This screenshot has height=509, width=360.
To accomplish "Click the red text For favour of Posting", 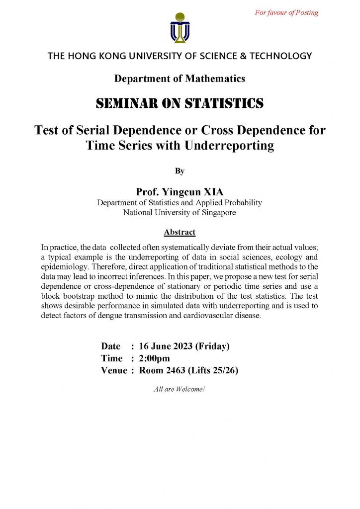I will pos(286,12).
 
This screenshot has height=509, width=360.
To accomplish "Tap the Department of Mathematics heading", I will pos(180,79).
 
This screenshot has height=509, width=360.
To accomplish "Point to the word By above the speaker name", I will pos(180,171).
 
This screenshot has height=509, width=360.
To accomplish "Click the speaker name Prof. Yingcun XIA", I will pos(180,192).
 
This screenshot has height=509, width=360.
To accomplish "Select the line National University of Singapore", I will pos(180,213).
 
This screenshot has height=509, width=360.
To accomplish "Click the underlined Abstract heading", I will pos(180,232).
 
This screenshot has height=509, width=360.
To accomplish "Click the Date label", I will pos(111,346).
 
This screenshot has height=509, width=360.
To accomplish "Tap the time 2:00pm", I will pos(154,358).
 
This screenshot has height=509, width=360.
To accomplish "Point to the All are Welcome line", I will pos(180,389).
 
